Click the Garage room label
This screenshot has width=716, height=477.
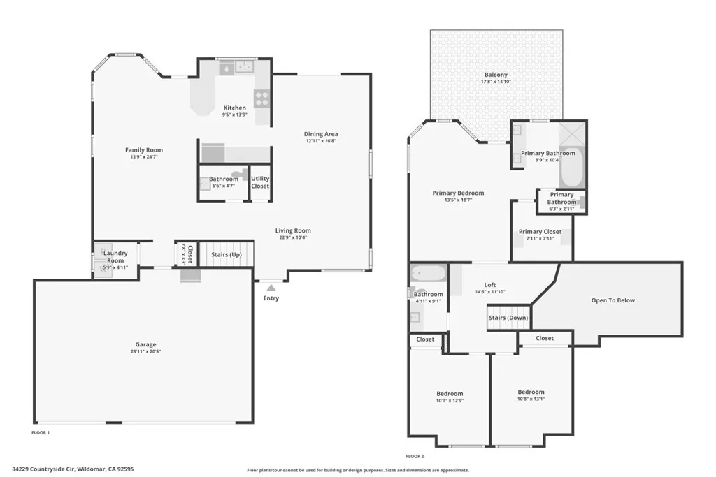click(x=145, y=344)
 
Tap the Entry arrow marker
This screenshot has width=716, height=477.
click(x=271, y=286)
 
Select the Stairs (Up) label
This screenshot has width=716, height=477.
click(x=227, y=254)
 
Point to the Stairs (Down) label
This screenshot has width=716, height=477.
click(x=508, y=318)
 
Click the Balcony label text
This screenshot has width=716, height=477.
click(x=496, y=75)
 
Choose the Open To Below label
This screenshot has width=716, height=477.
click(x=613, y=300)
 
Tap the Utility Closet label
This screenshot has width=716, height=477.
click(x=260, y=182)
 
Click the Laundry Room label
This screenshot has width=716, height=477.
click(x=115, y=256)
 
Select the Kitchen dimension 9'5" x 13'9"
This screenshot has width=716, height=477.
click(x=235, y=114)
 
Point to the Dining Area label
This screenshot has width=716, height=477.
click(x=321, y=134)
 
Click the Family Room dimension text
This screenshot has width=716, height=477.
click(x=144, y=156)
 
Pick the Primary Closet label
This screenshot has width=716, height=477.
click(x=540, y=232)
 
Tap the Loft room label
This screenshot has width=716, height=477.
click(x=490, y=285)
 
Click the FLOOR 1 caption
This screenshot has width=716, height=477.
click(x=41, y=433)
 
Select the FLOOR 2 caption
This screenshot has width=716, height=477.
click(x=415, y=455)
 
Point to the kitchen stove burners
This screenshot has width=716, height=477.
click(x=262, y=98)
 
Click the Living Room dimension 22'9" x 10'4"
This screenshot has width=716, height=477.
click(x=292, y=237)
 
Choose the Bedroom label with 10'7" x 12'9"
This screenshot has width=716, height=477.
click(x=450, y=394)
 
